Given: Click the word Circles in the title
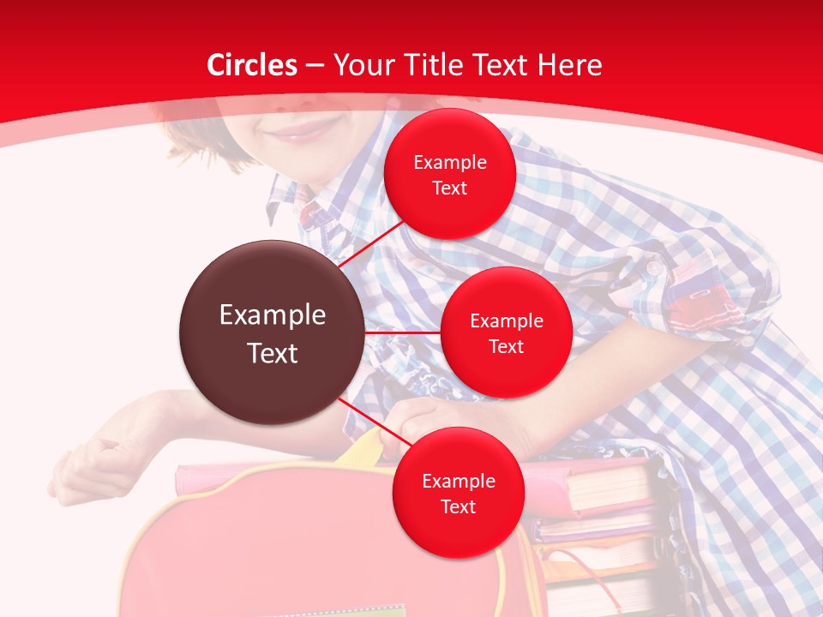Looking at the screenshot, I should [251, 65].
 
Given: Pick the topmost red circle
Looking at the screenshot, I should [449, 174].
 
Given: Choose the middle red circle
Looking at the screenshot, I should [506, 332].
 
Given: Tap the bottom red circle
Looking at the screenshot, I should [458, 493].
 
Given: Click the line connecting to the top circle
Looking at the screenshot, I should [372, 244].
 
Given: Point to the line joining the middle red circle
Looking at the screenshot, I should [402, 332].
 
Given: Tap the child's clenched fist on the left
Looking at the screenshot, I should [94, 463].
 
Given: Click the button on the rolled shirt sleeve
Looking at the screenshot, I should [653, 268].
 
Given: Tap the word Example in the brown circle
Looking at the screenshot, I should [273, 315].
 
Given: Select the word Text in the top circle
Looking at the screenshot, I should [449, 189].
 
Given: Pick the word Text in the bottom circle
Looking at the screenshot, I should [458, 506].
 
